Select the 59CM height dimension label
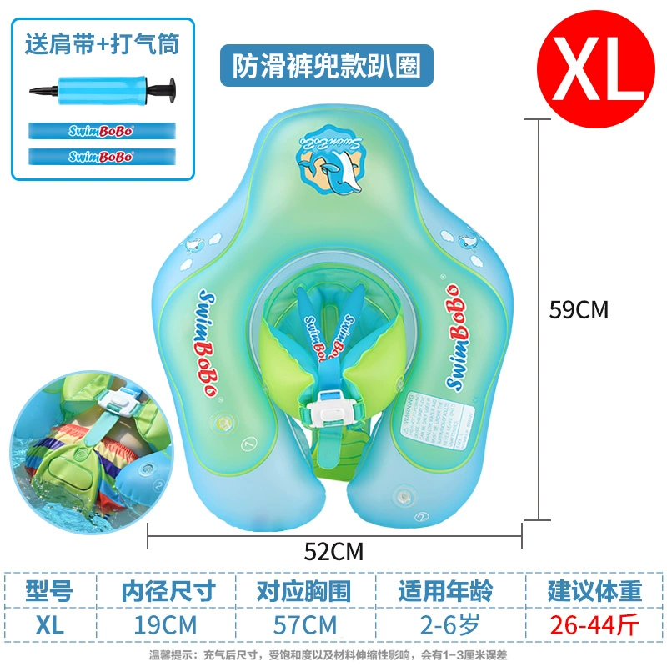(x=579, y=310)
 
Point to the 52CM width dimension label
(x=333, y=550)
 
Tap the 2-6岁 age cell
(x=440, y=624)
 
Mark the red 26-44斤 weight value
(x=594, y=624)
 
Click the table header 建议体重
(x=594, y=591)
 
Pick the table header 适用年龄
(x=440, y=591)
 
